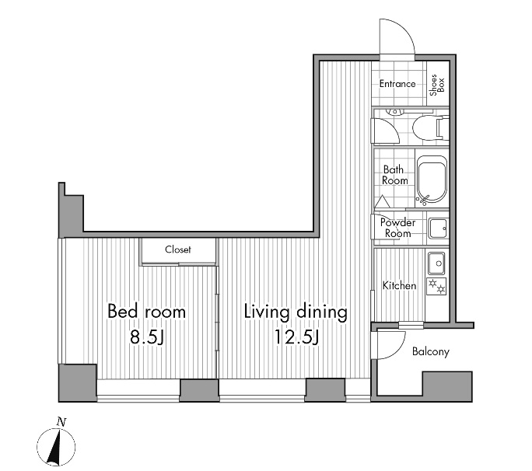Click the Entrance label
click(x=397, y=84)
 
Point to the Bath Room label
click(x=395, y=175)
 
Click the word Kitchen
click(x=399, y=286)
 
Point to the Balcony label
click(x=430, y=352)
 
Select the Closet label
click(x=178, y=249)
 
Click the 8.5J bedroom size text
click(x=146, y=337)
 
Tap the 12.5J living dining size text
click(x=295, y=337)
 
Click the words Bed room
click(x=146, y=312)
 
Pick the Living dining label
click(x=295, y=312)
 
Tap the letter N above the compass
click(x=61, y=422)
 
